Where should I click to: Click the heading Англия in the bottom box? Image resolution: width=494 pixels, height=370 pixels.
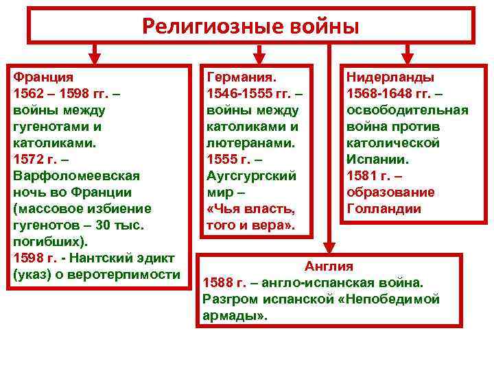pyautogui.click(x=329, y=266)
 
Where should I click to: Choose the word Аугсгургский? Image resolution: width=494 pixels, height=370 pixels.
pyautogui.click(x=251, y=175)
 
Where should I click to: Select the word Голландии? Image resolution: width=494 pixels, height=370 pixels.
pyautogui.click(x=384, y=208)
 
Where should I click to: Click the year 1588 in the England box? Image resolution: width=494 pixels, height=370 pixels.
pyautogui.click(x=218, y=282)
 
